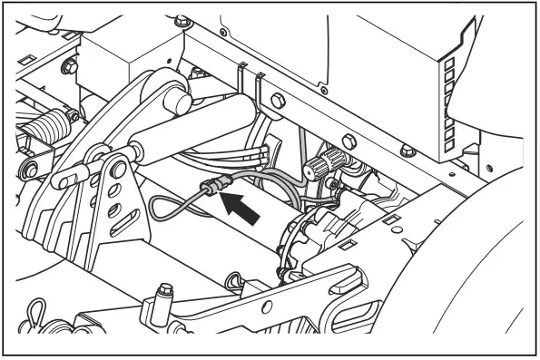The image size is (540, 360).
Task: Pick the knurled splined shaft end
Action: [x=319, y=165]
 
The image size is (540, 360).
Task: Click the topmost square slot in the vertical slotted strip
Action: [x=447, y=63]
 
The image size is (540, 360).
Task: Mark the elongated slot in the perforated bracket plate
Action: [x=115, y=191]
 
